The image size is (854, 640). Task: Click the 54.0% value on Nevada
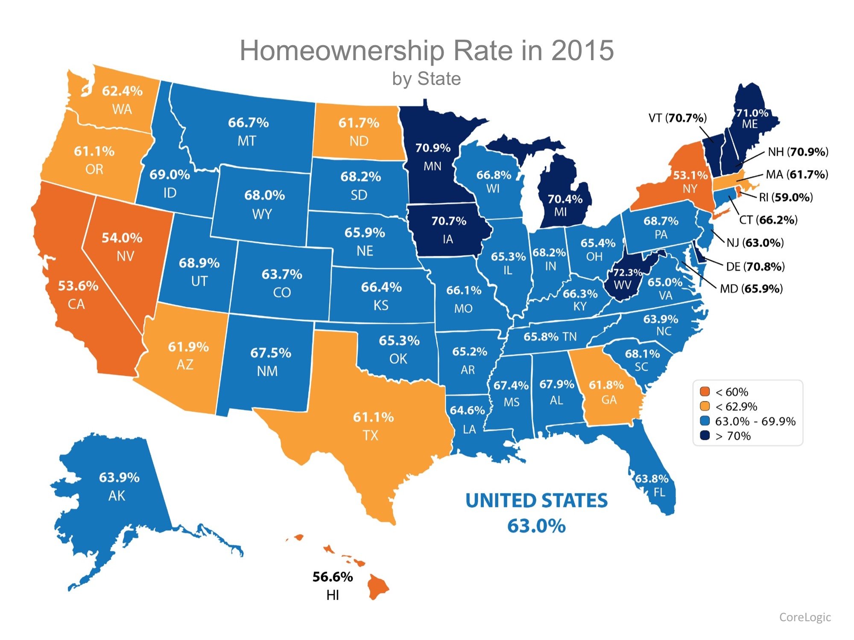coord(122,238)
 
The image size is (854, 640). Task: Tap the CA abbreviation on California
coord(76,304)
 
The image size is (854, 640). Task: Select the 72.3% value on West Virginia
coord(627,272)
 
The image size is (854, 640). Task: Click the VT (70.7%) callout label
coord(678,118)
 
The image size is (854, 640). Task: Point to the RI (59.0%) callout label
coord(786,197)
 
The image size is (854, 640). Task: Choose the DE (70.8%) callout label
coord(755,267)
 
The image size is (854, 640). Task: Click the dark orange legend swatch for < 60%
coord(705,392)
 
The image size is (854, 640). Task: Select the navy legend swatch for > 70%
coord(705,436)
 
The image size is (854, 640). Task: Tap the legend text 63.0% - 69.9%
coord(755,421)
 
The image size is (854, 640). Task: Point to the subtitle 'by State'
coord(427,79)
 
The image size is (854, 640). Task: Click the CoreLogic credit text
coord(805,617)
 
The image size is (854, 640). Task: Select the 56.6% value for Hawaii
coord(333,577)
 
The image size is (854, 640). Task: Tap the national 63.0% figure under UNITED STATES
coord(536,526)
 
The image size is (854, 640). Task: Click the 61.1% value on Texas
coord(373,417)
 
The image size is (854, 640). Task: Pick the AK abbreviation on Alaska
coord(117,496)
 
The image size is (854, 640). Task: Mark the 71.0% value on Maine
coord(752,113)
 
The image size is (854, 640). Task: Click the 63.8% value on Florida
coord(652,479)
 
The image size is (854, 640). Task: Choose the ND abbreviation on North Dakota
coord(359,141)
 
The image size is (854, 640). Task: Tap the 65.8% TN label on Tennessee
coord(550,337)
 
